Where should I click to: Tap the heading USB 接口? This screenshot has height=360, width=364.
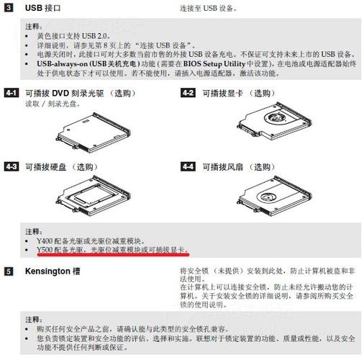[x=42, y=8]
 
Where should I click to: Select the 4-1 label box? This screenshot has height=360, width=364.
[x=11, y=94]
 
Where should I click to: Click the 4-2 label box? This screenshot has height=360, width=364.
[x=188, y=94]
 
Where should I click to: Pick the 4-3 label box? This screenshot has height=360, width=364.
[x=11, y=166]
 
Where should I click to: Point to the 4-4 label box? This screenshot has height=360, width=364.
[x=188, y=166]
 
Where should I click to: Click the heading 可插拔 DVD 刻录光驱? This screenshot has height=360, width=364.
[x=80, y=94]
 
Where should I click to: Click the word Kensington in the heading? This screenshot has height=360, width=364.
[x=46, y=272]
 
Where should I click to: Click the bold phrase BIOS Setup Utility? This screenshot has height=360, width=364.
[x=206, y=63]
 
